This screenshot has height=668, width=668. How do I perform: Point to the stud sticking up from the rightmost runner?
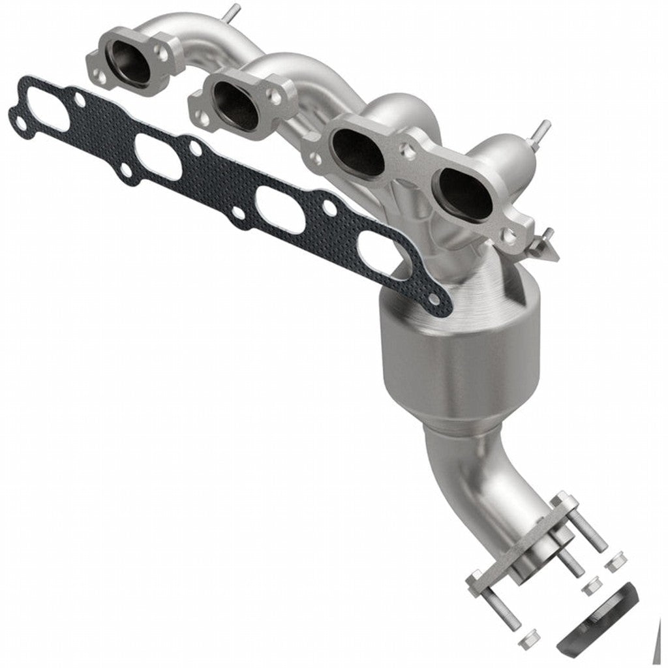541,130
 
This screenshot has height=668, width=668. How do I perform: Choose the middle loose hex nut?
590,586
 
